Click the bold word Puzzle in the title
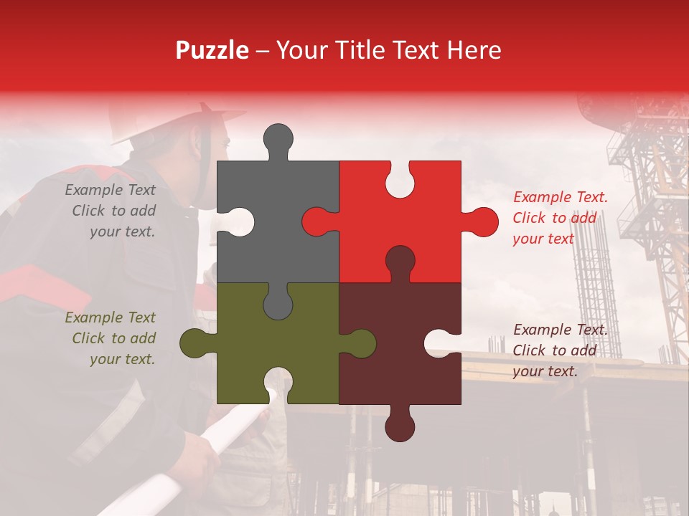click(212, 50)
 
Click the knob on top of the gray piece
click(278, 140)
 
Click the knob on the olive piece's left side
click(195, 343)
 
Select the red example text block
click(560, 218)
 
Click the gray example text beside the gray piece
click(111, 211)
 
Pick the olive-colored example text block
click(111, 338)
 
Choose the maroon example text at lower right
click(560, 350)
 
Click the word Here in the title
click(474, 50)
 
